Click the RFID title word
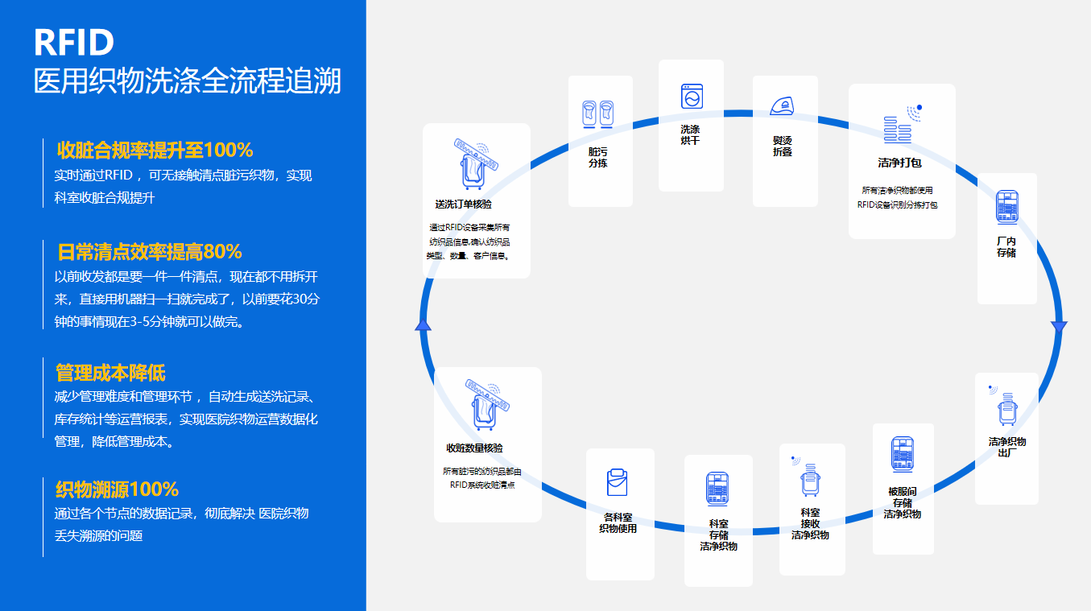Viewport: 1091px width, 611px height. click(x=74, y=42)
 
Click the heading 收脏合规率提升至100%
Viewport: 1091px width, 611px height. click(x=155, y=150)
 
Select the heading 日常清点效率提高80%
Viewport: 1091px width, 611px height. click(x=150, y=252)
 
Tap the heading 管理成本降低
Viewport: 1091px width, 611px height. click(x=110, y=373)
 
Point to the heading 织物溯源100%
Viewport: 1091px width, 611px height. click(x=117, y=489)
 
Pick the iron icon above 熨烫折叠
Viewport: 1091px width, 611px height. click(x=783, y=106)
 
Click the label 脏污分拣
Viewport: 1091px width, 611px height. click(x=597, y=157)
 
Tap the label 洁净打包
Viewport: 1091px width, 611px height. click(x=899, y=163)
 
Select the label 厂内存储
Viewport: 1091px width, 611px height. click(x=1006, y=246)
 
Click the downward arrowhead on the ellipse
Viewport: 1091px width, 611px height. click(x=1059, y=328)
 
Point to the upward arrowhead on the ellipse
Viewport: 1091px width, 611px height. click(x=423, y=324)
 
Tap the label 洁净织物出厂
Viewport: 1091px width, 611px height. click(x=1006, y=447)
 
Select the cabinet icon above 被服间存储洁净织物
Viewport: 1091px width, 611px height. click(x=902, y=455)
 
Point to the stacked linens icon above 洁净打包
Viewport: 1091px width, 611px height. click(x=900, y=129)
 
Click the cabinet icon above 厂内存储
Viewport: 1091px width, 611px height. click(x=1006, y=207)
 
